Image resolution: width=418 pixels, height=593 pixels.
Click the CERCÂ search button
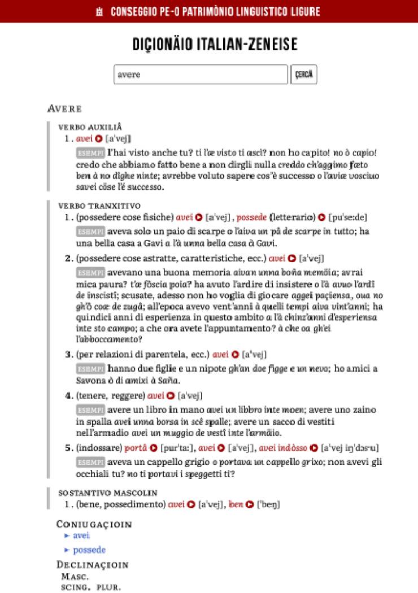click(x=304, y=75)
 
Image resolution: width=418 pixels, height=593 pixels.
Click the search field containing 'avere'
click(x=201, y=75)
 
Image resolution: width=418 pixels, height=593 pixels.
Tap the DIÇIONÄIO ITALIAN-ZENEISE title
click(x=215, y=45)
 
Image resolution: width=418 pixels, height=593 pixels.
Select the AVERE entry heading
click(x=65, y=108)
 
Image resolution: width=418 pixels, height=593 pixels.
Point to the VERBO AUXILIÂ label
click(x=90, y=127)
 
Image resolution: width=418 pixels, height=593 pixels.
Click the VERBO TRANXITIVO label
click(x=99, y=206)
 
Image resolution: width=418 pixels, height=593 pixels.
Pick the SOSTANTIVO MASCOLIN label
click(x=108, y=493)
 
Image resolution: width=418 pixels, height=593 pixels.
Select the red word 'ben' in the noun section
click(x=236, y=504)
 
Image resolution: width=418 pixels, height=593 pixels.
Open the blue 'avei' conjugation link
click(x=81, y=535)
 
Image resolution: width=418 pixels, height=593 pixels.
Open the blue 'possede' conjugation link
click(x=89, y=550)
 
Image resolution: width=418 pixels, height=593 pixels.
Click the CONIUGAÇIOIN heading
click(x=94, y=524)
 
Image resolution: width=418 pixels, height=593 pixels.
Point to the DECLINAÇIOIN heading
click(x=93, y=565)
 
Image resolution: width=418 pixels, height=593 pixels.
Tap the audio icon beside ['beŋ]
click(x=250, y=504)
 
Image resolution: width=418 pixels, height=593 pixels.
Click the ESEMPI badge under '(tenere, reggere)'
click(x=90, y=410)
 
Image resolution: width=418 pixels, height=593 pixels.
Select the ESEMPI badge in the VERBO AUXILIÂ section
click(x=90, y=152)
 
